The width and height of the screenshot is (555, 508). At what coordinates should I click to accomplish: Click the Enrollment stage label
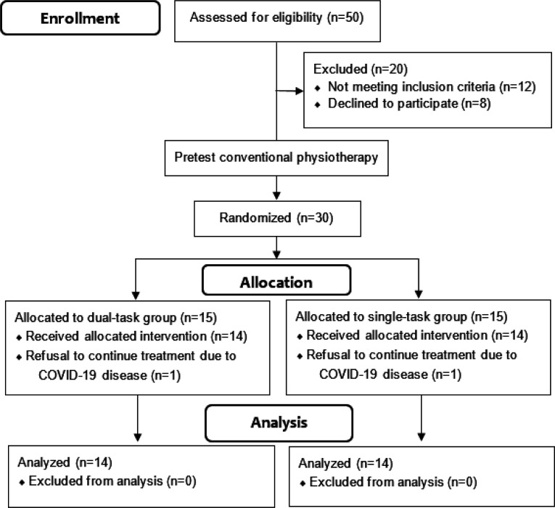(80, 18)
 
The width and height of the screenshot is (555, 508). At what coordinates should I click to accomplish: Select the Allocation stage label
(276, 282)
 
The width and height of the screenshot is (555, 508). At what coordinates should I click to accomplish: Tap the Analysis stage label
(279, 422)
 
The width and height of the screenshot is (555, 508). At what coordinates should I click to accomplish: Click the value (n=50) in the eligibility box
(345, 17)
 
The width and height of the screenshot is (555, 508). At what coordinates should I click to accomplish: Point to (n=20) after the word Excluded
(389, 69)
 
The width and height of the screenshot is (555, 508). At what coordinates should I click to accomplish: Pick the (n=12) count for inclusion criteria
(517, 87)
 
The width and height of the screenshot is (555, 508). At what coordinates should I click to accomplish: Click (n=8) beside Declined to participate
(476, 103)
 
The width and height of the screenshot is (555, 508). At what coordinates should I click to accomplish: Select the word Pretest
(195, 157)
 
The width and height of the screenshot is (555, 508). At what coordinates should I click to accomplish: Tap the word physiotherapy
(337, 157)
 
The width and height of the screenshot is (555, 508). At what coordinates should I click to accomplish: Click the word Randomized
(255, 218)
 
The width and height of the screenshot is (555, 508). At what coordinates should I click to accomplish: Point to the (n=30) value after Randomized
(315, 218)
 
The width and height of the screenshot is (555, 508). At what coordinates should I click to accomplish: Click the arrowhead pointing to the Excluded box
(300, 91)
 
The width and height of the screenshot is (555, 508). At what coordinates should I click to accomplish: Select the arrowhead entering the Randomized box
(276, 196)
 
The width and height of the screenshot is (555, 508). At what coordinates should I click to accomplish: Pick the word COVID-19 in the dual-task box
(68, 375)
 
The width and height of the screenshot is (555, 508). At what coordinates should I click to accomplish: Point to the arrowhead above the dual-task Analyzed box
(138, 438)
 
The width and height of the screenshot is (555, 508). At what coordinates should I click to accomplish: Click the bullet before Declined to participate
(318, 105)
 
